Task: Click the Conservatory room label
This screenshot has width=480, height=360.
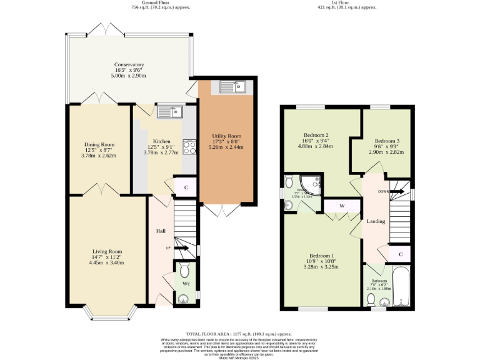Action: (129, 65)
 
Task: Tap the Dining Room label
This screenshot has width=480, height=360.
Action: (99, 144)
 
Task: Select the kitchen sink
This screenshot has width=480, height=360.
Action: (169, 112)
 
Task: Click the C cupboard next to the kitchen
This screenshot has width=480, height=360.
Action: (186, 187)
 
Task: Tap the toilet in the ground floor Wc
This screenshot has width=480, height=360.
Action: (185, 271)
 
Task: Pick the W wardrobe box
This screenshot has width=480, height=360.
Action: (342, 206)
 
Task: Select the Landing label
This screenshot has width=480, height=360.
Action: (376, 221)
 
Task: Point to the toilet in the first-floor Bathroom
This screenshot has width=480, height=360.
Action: (371, 300)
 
